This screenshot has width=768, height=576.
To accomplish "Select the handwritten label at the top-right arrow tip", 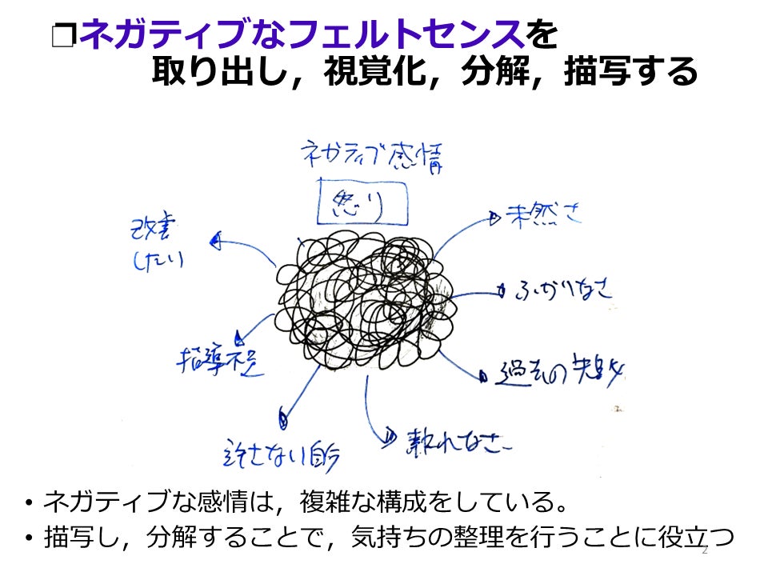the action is coord(544,216).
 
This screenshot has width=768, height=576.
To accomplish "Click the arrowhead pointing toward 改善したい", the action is coord(214,239).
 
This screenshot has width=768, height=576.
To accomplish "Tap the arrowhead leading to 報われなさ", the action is coord(390,436).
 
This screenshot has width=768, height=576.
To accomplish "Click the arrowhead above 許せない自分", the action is coord(282,415).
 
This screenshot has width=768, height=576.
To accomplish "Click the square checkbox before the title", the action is coord(62,36).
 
